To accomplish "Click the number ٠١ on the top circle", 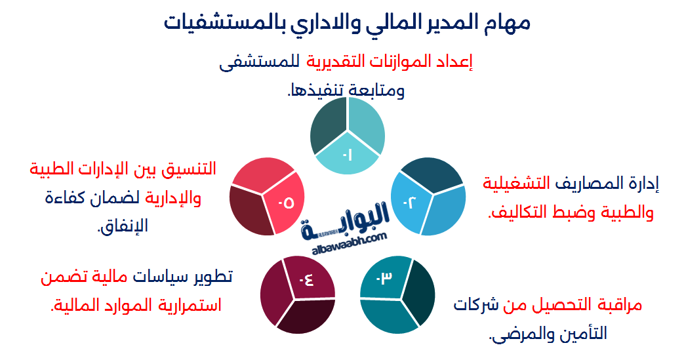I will point(347,155).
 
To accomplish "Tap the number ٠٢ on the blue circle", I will point(410,202).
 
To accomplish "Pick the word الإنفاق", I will point(123,226).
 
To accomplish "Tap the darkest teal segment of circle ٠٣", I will point(421,296).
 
